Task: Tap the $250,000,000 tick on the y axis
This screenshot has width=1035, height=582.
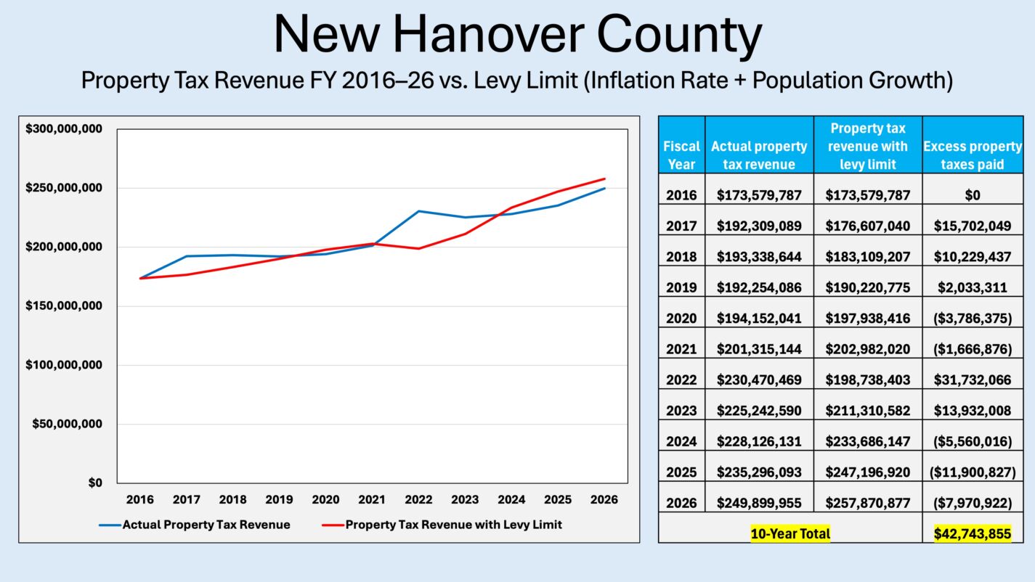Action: click(63, 188)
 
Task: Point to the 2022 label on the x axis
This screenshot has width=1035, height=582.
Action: click(418, 500)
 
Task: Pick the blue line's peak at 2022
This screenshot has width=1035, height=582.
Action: click(418, 211)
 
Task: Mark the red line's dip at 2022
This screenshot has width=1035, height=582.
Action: click(418, 249)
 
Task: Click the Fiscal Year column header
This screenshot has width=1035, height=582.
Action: click(681, 155)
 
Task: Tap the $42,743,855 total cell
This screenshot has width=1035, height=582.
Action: click(973, 533)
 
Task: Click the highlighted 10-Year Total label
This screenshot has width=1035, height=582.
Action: click(790, 533)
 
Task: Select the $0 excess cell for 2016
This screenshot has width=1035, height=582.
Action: click(973, 194)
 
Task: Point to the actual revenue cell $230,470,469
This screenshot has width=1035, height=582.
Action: click(759, 380)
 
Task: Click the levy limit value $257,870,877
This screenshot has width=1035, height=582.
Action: click(868, 502)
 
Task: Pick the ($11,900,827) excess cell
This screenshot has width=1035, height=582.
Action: click(973, 472)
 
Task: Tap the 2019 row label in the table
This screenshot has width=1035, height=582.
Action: click(681, 287)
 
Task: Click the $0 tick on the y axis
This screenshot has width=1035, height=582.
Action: click(95, 483)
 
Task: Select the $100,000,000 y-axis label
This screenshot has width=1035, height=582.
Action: click(63, 365)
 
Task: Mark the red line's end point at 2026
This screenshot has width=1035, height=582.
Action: click(604, 179)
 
